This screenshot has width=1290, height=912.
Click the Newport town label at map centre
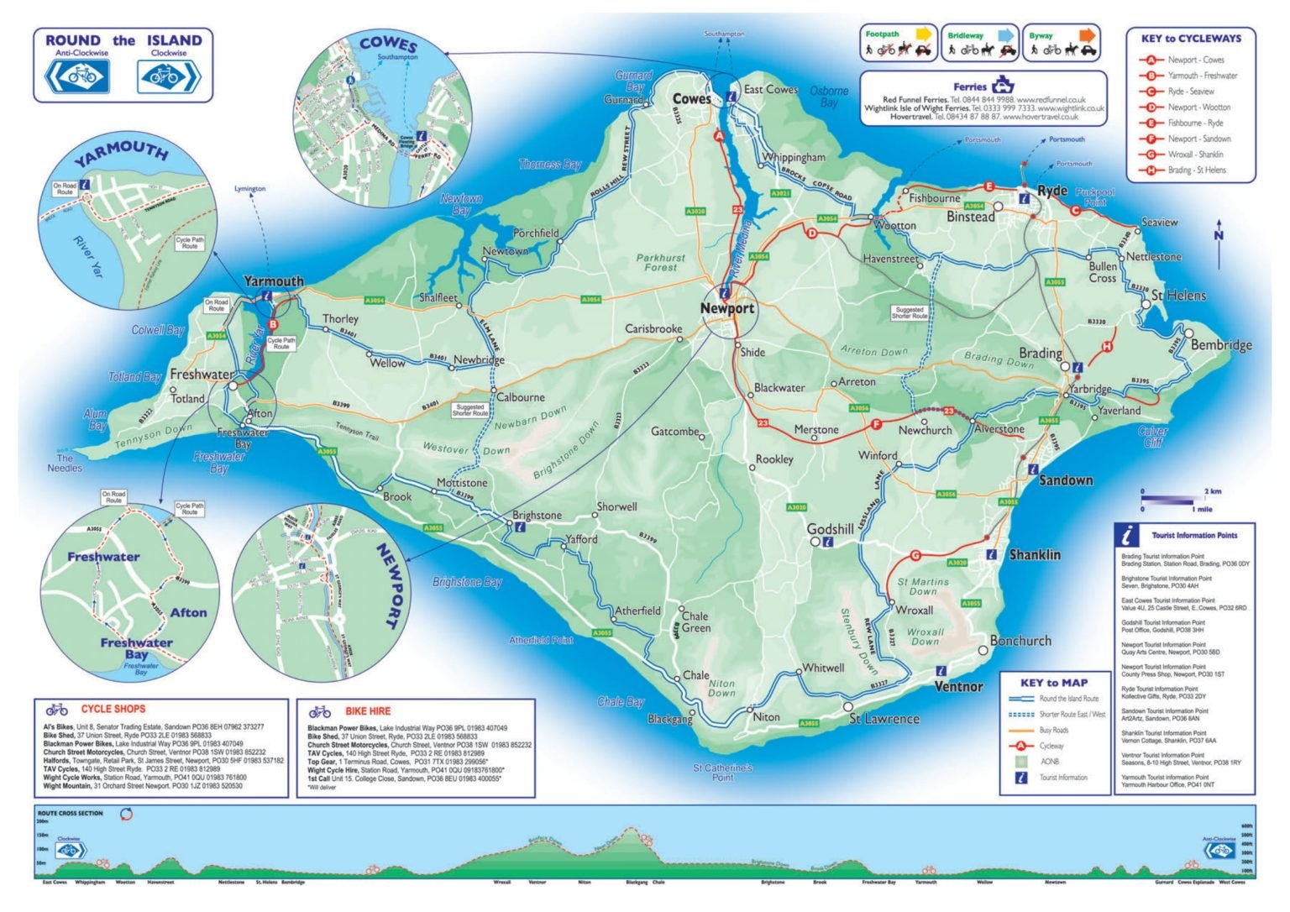[727, 308]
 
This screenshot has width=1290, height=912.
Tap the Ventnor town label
[958, 686]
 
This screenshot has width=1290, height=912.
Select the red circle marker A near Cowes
[719, 135]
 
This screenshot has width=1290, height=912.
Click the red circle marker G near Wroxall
[915, 555]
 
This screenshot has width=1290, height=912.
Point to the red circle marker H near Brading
[1107, 347]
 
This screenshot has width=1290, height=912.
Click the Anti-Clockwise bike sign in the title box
[76, 77]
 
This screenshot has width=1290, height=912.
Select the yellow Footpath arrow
[923, 35]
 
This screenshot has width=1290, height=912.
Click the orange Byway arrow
[1087, 35]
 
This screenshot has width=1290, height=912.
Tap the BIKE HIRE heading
[368, 711]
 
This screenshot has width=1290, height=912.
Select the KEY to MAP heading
[1053, 683]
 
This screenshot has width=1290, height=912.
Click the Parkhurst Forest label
[660, 263]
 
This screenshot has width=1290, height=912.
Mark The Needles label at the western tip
[65, 464]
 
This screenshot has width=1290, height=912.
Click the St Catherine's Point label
[722, 772]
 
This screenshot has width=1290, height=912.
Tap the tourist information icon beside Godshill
[828, 542]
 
